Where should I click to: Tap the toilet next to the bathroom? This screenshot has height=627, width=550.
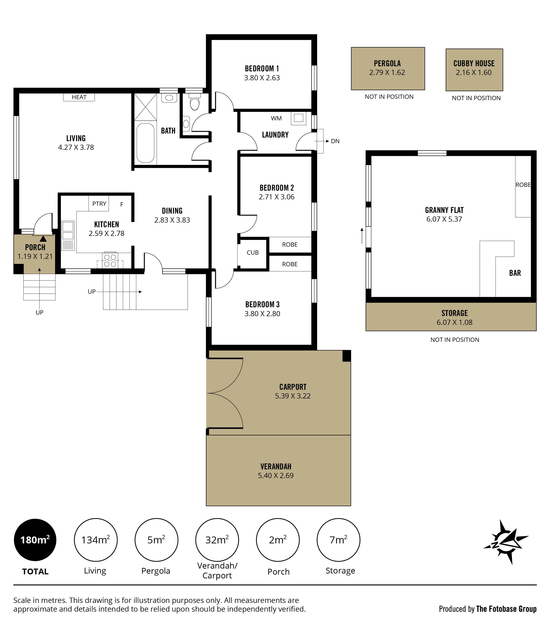pyautogui.click(x=195, y=102)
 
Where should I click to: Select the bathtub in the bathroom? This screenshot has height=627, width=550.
pyautogui.click(x=146, y=142)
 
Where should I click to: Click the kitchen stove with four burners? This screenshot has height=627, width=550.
pyautogui.click(x=110, y=260)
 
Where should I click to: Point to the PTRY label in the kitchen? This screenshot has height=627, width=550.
pyautogui.click(x=99, y=204)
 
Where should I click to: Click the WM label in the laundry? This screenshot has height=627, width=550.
pyautogui.click(x=276, y=118)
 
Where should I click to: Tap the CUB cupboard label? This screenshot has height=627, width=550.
pyautogui.click(x=253, y=253)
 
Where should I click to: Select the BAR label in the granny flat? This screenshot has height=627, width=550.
pyautogui.click(x=515, y=273)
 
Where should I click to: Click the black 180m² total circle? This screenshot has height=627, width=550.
pyautogui.click(x=35, y=540)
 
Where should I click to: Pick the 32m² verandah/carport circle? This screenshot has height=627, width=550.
pyautogui.click(x=217, y=540)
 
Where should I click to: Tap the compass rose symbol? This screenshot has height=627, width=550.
pyautogui.click(x=506, y=542)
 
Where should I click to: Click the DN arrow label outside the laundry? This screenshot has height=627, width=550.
pyautogui.click(x=335, y=141)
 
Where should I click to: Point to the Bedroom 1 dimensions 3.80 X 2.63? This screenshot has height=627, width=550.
pyautogui.click(x=262, y=78)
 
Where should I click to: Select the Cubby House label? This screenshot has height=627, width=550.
pyautogui.click(x=474, y=64)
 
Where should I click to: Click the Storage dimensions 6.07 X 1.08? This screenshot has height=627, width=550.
pyautogui.click(x=454, y=322)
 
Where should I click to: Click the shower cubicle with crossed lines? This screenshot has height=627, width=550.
pyautogui.click(x=146, y=107)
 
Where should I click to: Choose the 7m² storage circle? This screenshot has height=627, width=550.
pyautogui.click(x=338, y=540)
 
